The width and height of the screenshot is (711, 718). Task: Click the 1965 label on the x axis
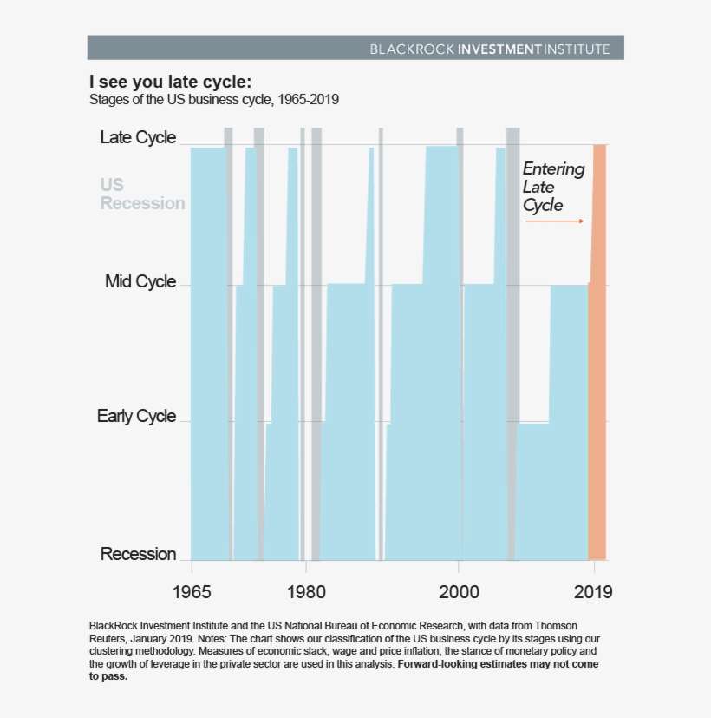192,592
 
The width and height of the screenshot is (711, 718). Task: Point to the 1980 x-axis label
305,592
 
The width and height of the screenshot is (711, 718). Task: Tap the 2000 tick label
459,592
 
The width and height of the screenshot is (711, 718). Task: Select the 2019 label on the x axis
594,592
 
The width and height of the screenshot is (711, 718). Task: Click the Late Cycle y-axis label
138,137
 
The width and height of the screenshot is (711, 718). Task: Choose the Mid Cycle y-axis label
140,281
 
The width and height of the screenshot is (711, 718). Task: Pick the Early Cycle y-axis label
136,416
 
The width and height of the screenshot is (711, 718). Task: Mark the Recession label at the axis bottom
138,554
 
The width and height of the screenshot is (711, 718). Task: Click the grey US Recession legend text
142,194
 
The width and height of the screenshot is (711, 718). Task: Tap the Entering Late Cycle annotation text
553,188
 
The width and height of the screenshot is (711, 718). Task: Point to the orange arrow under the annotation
554,221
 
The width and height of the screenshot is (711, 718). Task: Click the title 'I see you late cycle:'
170,82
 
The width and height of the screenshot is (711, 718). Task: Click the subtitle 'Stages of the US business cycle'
213,100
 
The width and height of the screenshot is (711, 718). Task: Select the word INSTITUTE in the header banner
577,49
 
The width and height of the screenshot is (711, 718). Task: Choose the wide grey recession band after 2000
512,347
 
